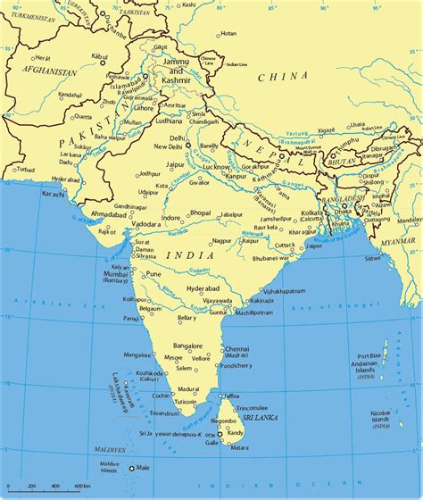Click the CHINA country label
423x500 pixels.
click(283, 78)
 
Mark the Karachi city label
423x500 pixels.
click(29, 193)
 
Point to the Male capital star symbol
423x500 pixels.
click(132, 468)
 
